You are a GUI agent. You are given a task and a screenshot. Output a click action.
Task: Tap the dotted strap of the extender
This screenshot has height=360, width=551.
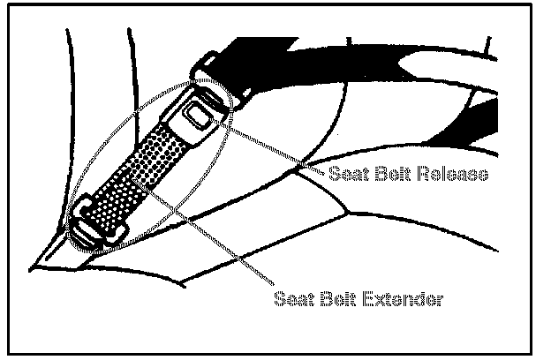(132, 176)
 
